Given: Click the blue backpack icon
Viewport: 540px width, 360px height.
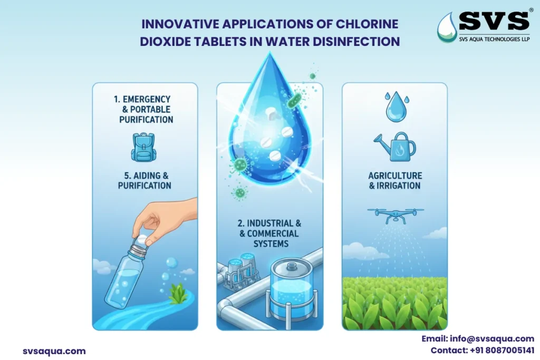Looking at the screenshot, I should tap(144, 147).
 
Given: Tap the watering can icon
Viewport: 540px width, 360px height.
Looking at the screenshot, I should tap(394, 146).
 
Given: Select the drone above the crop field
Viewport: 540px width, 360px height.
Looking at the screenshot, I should tap(394, 212).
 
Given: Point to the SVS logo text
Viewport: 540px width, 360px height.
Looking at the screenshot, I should tap(494, 21).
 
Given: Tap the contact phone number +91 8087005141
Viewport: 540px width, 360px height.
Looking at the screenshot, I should tap(482, 350).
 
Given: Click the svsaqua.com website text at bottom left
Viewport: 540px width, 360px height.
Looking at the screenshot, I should tap(54, 351).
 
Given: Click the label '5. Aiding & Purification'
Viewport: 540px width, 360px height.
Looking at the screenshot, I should tap(144, 180).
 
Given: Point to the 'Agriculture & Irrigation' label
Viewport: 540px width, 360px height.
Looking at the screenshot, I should tap(394, 180).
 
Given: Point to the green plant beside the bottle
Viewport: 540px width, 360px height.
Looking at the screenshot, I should tap(178, 294).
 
